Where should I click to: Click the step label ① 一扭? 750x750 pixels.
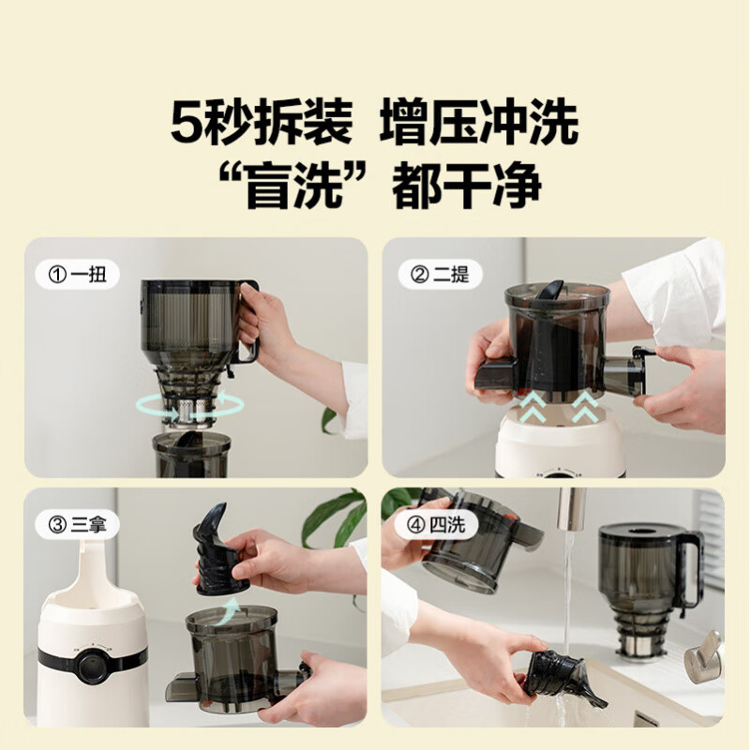[79, 276]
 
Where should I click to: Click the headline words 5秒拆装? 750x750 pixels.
[262, 124]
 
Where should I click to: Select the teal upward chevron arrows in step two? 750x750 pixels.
[561, 405]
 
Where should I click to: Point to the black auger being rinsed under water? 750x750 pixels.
[560, 676]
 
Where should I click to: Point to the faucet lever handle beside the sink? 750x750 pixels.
[703, 657]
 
